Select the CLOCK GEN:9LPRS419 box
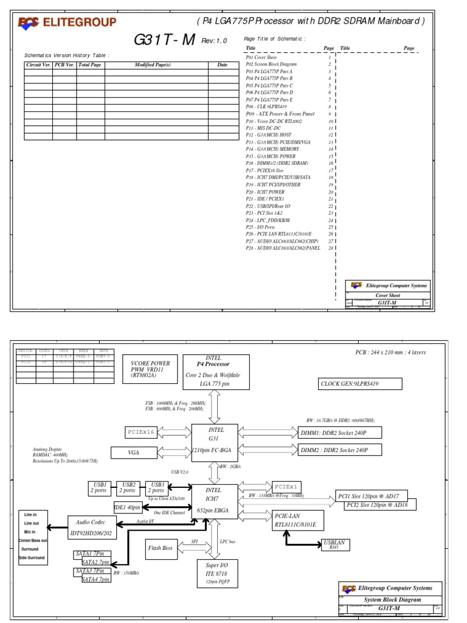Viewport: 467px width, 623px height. (361, 383)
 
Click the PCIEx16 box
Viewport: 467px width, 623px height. (142, 432)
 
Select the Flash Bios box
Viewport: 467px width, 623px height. (161, 548)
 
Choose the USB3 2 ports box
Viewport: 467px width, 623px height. (157, 487)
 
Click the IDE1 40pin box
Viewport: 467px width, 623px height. (127, 507)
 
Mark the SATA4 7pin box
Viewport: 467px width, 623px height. (96, 579)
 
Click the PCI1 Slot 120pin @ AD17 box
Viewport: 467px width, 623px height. (372, 496)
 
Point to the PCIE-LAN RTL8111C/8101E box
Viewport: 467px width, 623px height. (299, 520)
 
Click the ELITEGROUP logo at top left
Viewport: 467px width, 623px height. (67, 23)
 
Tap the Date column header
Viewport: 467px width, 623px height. (223, 64)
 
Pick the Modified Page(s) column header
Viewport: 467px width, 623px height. (153, 64)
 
